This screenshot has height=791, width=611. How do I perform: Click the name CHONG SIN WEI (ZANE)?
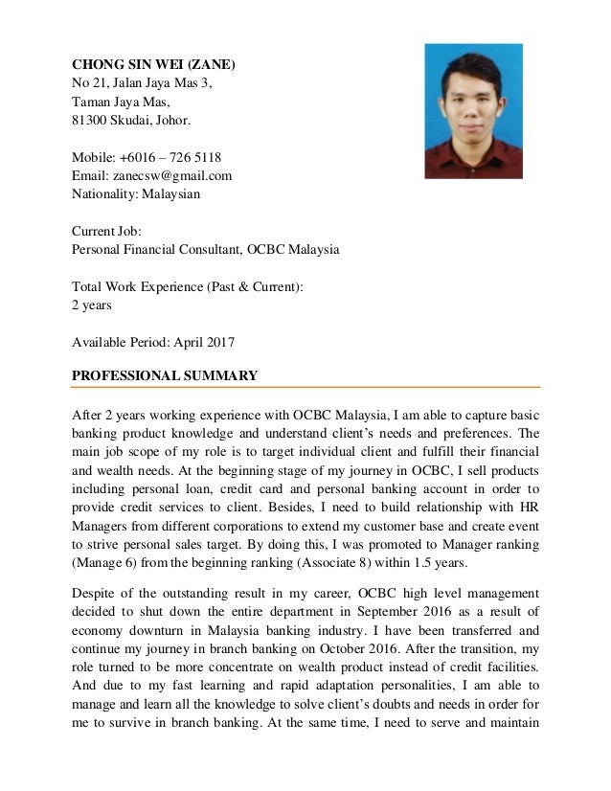[x=153, y=65]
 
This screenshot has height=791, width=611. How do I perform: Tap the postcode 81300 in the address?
[x=92, y=121]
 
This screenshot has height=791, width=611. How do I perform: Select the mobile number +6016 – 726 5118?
[x=167, y=157]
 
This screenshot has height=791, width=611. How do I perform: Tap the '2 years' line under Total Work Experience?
[x=92, y=305]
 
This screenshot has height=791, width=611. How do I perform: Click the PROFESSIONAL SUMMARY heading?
[x=165, y=374]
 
